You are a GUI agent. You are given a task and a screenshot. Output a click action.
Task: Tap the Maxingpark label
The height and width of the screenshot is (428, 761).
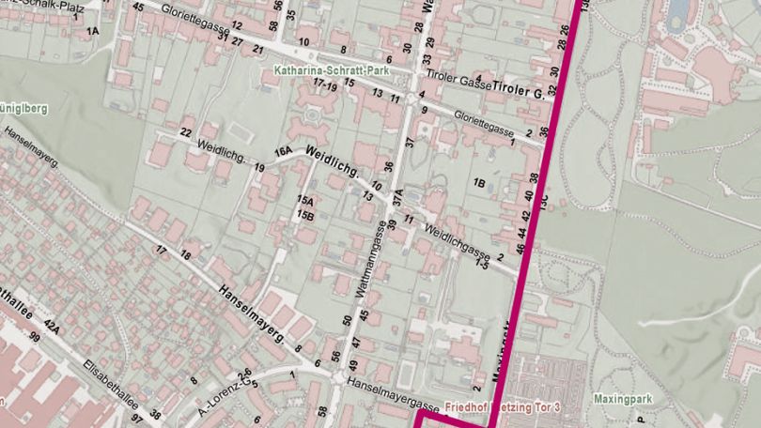(622, 399)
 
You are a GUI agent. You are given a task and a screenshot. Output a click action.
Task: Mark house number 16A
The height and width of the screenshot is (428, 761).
(283, 151)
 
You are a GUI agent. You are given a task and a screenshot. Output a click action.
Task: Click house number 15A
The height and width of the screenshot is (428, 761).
(304, 201)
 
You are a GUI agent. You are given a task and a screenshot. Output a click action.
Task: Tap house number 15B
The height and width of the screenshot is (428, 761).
(304, 215)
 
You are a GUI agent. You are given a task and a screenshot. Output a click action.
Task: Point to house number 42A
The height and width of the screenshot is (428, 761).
(53, 326)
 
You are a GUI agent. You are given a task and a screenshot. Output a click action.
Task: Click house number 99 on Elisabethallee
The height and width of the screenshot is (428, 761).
(35, 336)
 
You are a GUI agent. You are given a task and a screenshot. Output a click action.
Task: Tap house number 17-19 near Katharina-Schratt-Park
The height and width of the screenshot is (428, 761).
(326, 84)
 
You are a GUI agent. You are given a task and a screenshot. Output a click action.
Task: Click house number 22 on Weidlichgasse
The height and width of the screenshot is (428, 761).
(186, 131)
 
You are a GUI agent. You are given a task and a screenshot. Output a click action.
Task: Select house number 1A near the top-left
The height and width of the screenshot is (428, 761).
(92, 31)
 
